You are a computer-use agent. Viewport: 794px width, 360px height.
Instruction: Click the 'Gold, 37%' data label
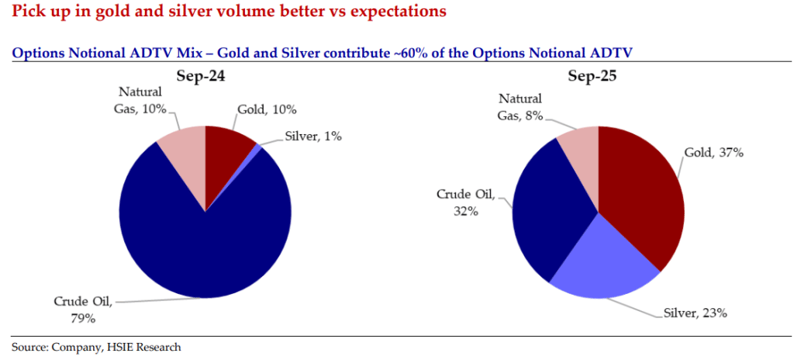click(713, 153)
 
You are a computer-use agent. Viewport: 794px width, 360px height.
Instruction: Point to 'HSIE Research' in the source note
click(147, 347)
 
